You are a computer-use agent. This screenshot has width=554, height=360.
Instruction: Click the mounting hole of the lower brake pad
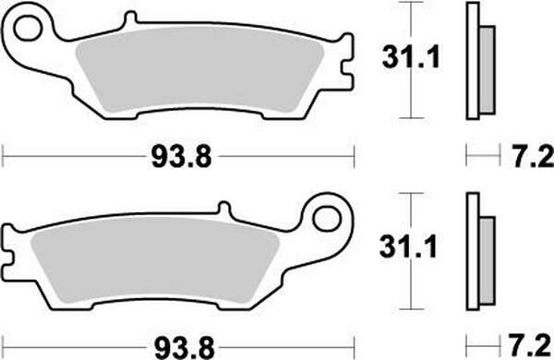coord(327,220)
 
